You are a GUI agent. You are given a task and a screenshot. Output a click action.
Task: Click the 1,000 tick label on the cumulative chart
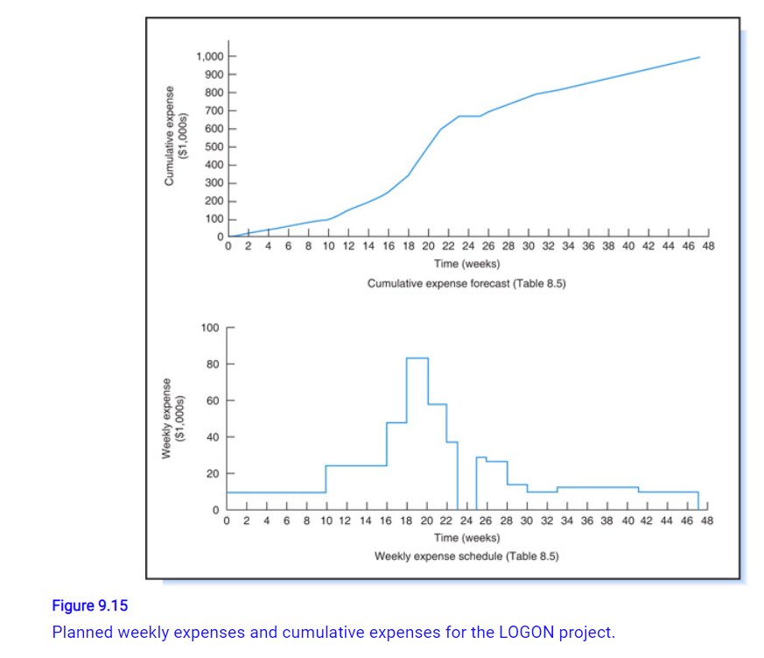[x=211, y=57]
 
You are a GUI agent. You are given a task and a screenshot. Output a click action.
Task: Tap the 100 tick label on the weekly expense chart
[x=210, y=328]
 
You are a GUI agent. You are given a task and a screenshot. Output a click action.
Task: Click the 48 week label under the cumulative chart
[x=709, y=247]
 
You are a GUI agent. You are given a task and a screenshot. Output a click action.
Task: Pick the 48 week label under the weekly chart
[x=709, y=520]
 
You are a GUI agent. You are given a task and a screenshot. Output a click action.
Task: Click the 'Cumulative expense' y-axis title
[x=170, y=134]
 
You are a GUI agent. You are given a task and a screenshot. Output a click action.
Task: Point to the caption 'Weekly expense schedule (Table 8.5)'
[x=466, y=556]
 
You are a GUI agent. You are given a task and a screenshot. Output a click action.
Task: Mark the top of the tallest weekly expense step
[x=417, y=358]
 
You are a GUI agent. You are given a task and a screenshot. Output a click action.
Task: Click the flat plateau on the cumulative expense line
[x=468, y=116]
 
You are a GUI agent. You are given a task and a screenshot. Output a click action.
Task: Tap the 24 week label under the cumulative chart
[x=468, y=247]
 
